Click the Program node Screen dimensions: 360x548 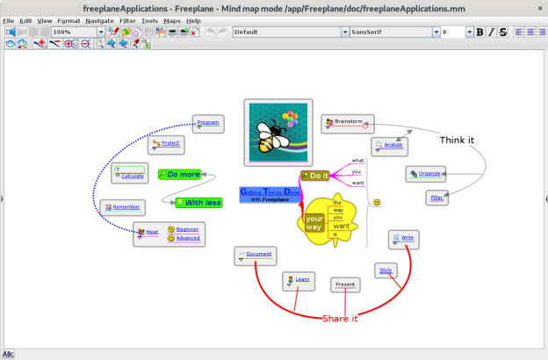point(208,123)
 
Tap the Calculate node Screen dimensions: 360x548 point(130,172)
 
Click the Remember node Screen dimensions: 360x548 point(122,207)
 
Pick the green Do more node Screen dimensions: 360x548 point(180,175)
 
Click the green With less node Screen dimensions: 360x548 point(199,203)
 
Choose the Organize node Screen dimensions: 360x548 point(426,174)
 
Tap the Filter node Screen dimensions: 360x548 point(436,198)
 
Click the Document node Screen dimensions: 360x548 point(256,255)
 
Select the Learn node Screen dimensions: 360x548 point(299,281)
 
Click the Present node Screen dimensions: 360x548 point(345,284)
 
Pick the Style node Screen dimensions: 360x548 point(385,270)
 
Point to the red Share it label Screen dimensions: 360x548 point(340,318)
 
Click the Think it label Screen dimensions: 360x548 point(458,140)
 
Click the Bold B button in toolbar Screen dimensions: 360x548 point(479,32)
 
